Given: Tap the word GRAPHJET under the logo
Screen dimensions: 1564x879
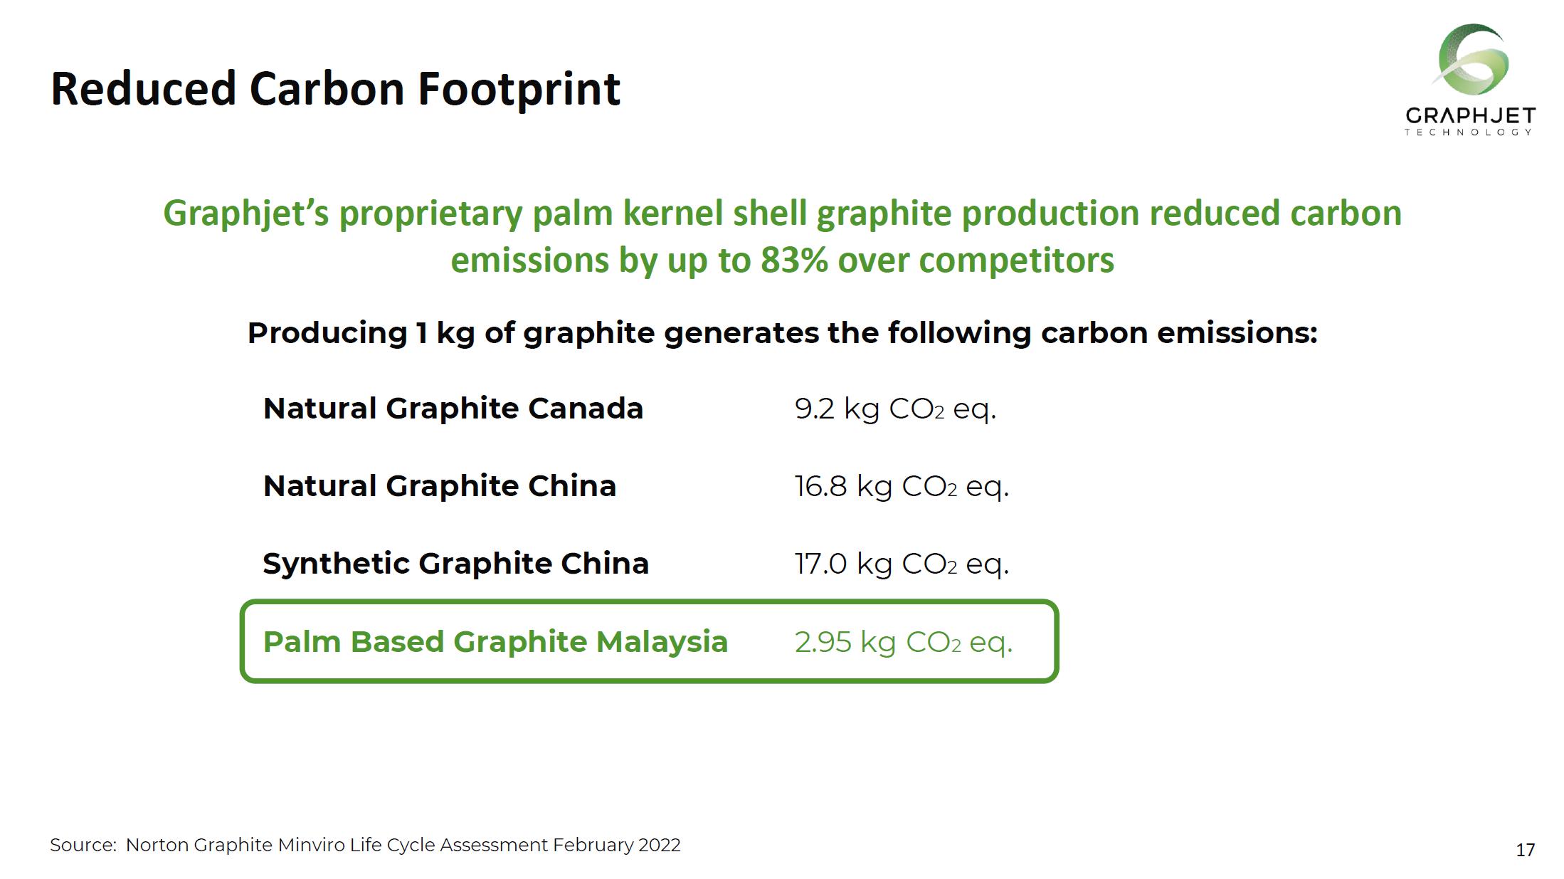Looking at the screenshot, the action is (x=1470, y=116).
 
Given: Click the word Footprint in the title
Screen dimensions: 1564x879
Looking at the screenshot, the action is (x=519, y=89).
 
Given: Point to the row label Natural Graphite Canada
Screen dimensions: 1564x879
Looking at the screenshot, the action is (x=453, y=409).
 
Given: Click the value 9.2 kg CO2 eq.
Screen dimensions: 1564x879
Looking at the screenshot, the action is (x=895, y=409).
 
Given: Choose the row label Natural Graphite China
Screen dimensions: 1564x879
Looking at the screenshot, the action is (x=440, y=486).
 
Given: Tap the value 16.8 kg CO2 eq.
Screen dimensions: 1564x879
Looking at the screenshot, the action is (x=902, y=487).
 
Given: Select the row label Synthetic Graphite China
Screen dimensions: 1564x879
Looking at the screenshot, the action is (x=456, y=564).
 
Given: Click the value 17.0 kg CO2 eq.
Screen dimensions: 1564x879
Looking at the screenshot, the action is (x=902, y=564).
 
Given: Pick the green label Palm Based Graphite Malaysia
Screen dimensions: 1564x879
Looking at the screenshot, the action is (x=496, y=642).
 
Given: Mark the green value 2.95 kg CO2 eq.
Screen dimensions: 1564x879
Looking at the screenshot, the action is (x=904, y=643).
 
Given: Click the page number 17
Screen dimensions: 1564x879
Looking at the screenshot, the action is (x=1526, y=850).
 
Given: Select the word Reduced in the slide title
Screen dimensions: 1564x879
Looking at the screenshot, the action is (x=143, y=89).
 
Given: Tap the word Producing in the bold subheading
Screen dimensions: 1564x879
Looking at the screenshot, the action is (x=327, y=333).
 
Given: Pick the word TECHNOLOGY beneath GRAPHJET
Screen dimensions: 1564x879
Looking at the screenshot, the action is (x=1468, y=132).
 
